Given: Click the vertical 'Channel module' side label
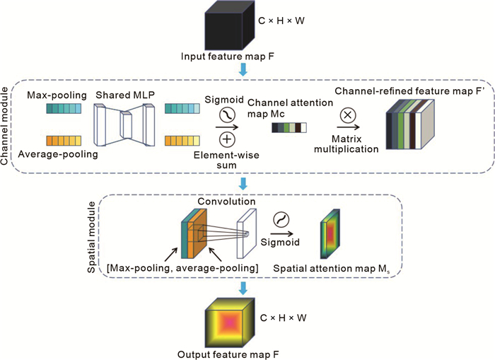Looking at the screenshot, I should pyautogui.click(x=8, y=127).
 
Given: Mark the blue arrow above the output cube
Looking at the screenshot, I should pyautogui.click(x=244, y=288).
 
